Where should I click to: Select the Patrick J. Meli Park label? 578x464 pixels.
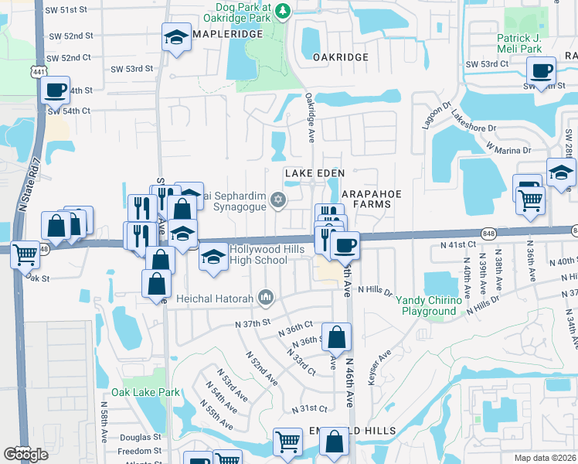(530, 43)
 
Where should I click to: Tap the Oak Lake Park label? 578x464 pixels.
(145, 392)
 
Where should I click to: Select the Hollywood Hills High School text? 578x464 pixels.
(258, 255)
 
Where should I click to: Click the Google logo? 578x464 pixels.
(25, 454)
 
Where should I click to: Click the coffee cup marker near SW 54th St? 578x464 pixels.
(56, 90)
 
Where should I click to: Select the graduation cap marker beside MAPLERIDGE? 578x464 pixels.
(176, 36)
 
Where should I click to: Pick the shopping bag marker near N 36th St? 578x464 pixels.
(336, 337)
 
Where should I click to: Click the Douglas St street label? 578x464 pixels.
(140, 437)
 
